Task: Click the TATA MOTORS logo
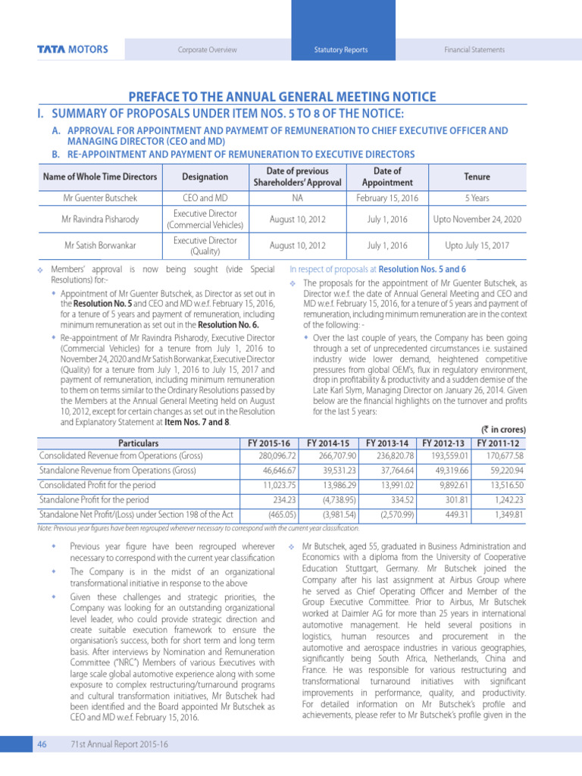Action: pos(72,50)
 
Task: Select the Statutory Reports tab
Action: pos(341,50)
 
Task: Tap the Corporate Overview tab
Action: pos(207,50)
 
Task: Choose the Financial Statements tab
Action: pos(474,50)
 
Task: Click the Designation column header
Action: pos(205,177)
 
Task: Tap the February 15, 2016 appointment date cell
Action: pos(387,198)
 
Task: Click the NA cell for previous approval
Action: pos(297,198)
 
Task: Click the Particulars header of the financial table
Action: pos(138,443)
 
